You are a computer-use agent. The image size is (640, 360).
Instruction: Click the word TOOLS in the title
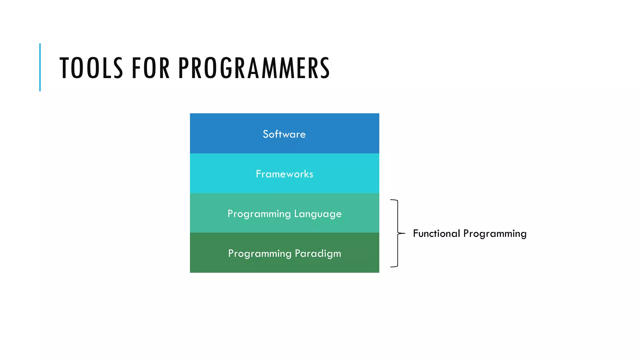click(x=91, y=68)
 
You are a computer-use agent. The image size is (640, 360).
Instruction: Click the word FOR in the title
click(x=151, y=68)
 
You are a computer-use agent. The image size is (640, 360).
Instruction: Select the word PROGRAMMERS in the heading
click(x=254, y=68)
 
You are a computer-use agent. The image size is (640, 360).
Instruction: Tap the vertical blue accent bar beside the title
click(x=40, y=67)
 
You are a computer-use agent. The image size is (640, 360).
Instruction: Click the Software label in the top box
click(x=284, y=134)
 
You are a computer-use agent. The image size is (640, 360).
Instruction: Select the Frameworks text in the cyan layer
click(x=284, y=174)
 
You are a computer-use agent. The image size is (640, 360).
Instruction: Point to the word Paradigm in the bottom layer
click(x=318, y=253)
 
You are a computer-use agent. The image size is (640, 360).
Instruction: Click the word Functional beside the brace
click(x=436, y=233)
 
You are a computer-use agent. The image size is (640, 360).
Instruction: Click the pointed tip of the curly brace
click(x=403, y=233)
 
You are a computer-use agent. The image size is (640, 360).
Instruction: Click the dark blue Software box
click(x=219, y=125)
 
